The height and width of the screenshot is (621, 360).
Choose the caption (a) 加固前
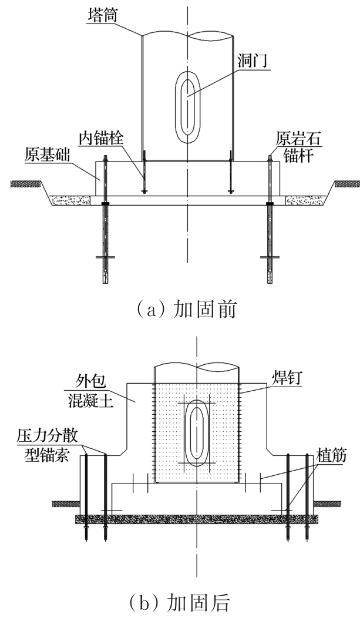coord(186,309)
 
